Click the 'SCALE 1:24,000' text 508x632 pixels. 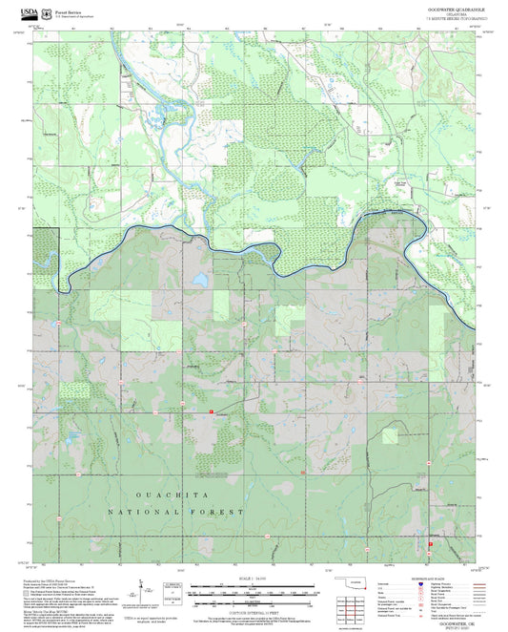[x=253, y=579]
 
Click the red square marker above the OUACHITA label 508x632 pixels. [x=211, y=411]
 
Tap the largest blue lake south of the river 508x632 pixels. [x=199, y=282]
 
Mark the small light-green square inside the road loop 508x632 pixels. [x=389, y=435]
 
